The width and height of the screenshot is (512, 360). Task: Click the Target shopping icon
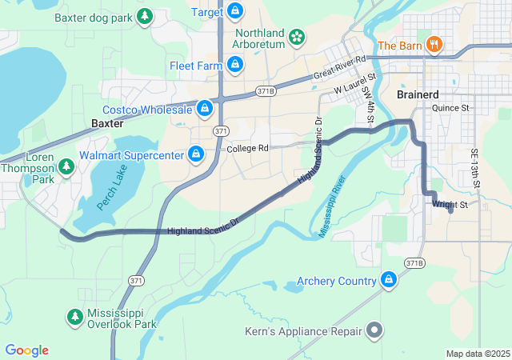tap(234, 11)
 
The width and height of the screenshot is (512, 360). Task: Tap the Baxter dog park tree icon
tap(145, 16)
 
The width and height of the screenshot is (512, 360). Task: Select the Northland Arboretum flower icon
tap(297, 37)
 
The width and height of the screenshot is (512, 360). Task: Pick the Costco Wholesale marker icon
tap(205, 107)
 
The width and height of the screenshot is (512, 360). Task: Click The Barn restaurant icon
tap(434, 45)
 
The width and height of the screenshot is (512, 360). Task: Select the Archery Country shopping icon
tap(389, 280)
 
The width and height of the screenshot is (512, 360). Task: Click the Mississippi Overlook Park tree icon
tap(74, 318)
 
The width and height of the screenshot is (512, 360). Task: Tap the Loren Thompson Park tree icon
tap(66, 166)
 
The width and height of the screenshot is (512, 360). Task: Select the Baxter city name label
tap(107, 124)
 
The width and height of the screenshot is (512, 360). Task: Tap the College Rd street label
tap(246, 149)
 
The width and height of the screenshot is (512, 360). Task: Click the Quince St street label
tap(451, 107)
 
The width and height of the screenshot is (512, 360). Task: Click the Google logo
tap(27, 350)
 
